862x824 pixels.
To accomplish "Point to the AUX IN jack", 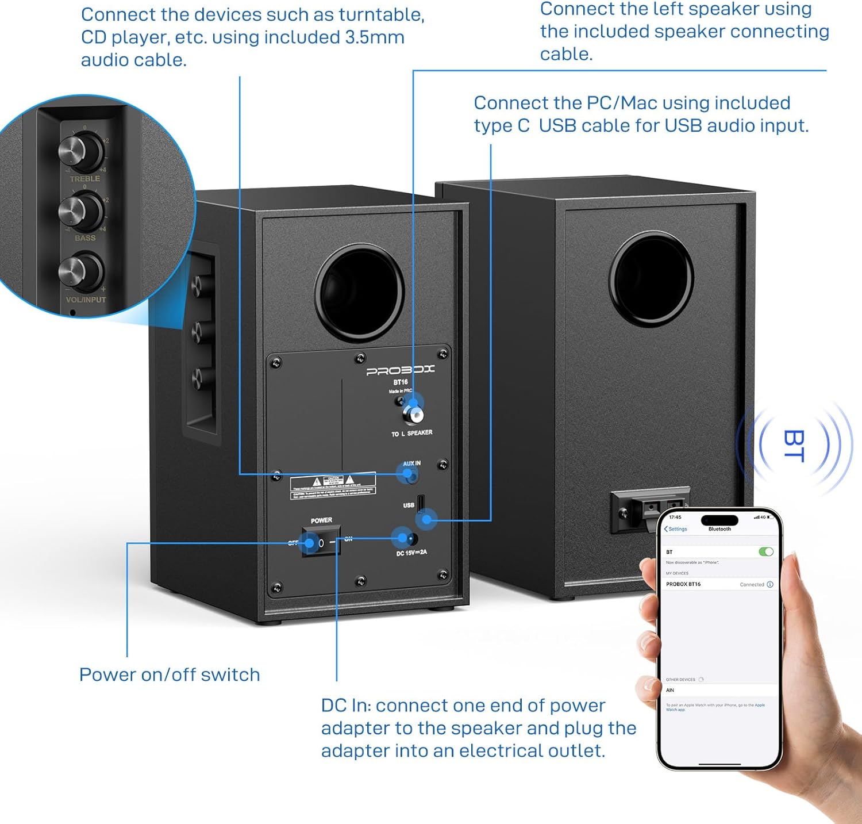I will pyautogui.click(x=409, y=475).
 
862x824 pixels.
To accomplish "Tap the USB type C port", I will pyautogui.click(x=421, y=502).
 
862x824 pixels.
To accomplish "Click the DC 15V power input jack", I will pyautogui.click(x=410, y=539).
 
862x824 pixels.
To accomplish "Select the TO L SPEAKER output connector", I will pyautogui.click(x=413, y=414).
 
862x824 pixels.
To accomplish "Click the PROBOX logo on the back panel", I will pyautogui.click(x=401, y=370).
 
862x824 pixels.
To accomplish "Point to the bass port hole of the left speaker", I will pyautogui.click(x=359, y=292).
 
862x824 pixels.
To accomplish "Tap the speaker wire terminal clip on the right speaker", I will pyautogui.click(x=649, y=506).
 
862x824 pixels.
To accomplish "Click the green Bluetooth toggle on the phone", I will pyautogui.click(x=765, y=551).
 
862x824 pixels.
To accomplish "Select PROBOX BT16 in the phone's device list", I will pyautogui.click(x=684, y=584).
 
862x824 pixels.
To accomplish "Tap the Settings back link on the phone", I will pyautogui.click(x=676, y=529).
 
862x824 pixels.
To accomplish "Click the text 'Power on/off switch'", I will pyautogui.click(x=170, y=674).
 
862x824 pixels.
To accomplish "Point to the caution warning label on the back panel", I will pyautogui.click(x=333, y=486).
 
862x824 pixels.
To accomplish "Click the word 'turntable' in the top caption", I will pyautogui.click(x=379, y=14).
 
